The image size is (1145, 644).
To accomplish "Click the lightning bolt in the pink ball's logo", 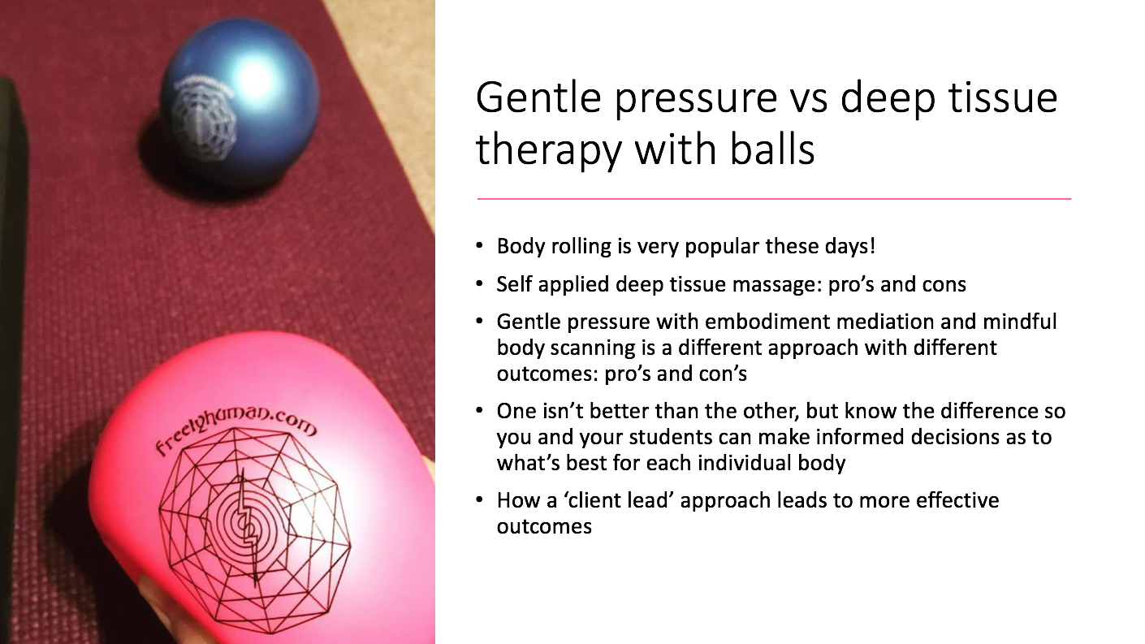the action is click(248, 526).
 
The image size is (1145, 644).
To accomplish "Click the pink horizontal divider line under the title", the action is click(774, 199).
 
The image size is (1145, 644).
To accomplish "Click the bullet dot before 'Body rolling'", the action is click(479, 246).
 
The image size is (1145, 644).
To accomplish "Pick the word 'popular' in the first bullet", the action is click(722, 246).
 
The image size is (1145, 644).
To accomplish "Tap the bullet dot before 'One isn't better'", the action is click(479, 410).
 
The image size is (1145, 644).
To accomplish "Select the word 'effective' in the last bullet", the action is click(957, 500).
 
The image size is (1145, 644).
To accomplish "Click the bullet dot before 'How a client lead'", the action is click(479, 499).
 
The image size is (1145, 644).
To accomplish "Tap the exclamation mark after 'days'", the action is click(873, 246).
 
